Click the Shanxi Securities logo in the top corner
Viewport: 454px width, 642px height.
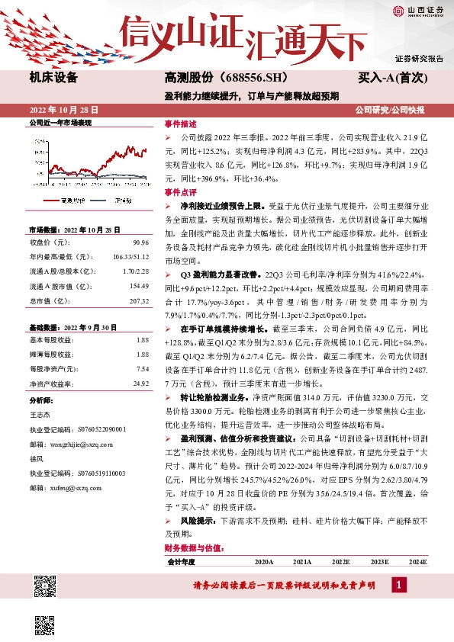(x=418, y=10)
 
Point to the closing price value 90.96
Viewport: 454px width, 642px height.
(x=141, y=242)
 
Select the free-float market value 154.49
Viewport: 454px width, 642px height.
(x=138, y=286)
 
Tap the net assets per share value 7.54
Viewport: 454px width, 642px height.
(x=142, y=368)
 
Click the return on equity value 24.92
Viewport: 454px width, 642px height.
(x=140, y=383)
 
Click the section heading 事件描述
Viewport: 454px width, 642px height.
(x=180, y=124)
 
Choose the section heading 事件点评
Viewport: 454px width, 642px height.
(x=180, y=193)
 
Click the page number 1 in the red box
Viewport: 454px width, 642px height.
(x=398, y=584)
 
